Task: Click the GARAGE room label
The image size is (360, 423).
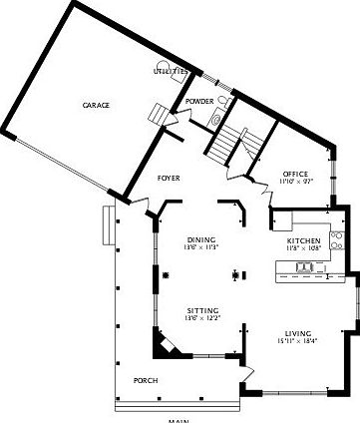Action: pos(96,105)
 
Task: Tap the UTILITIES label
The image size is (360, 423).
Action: pos(171,72)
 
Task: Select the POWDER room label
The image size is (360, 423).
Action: pos(199,101)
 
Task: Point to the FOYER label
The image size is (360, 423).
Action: pos(170,179)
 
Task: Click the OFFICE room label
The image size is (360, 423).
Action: pos(294,175)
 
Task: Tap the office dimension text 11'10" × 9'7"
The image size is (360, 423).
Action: pos(294,183)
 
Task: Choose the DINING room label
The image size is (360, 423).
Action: pos(200,239)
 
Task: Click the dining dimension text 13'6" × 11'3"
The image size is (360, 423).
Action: pos(200,247)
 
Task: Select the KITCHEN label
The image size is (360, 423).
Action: pos(303,241)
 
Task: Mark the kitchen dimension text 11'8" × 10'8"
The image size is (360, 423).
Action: pos(303,249)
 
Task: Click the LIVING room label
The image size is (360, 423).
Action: pos(297,333)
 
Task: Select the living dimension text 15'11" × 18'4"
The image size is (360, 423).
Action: pos(297,341)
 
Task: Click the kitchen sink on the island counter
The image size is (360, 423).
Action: pos(303,266)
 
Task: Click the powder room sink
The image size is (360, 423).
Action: pos(214,119)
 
